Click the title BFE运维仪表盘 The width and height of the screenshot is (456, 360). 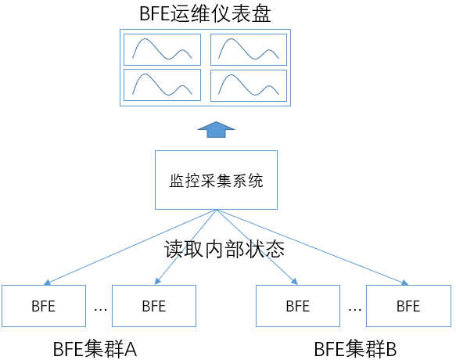pos(205,13)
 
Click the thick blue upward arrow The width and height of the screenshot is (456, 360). pos(216,129)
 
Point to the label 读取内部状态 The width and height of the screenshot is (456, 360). pos(224,250)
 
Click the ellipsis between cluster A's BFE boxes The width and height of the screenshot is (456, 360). pos(100,310)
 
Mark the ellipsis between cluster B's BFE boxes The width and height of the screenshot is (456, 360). pos(355,310)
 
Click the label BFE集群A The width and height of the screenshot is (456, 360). pos(95,349)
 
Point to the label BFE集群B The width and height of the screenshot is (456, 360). pos(355,349)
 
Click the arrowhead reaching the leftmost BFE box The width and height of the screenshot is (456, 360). pos(47,283)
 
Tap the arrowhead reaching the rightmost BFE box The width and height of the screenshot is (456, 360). pos(405,283)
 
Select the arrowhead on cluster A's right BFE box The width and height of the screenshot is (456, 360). pos(158,281)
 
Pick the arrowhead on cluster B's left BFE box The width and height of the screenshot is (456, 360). pos(294,281)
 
